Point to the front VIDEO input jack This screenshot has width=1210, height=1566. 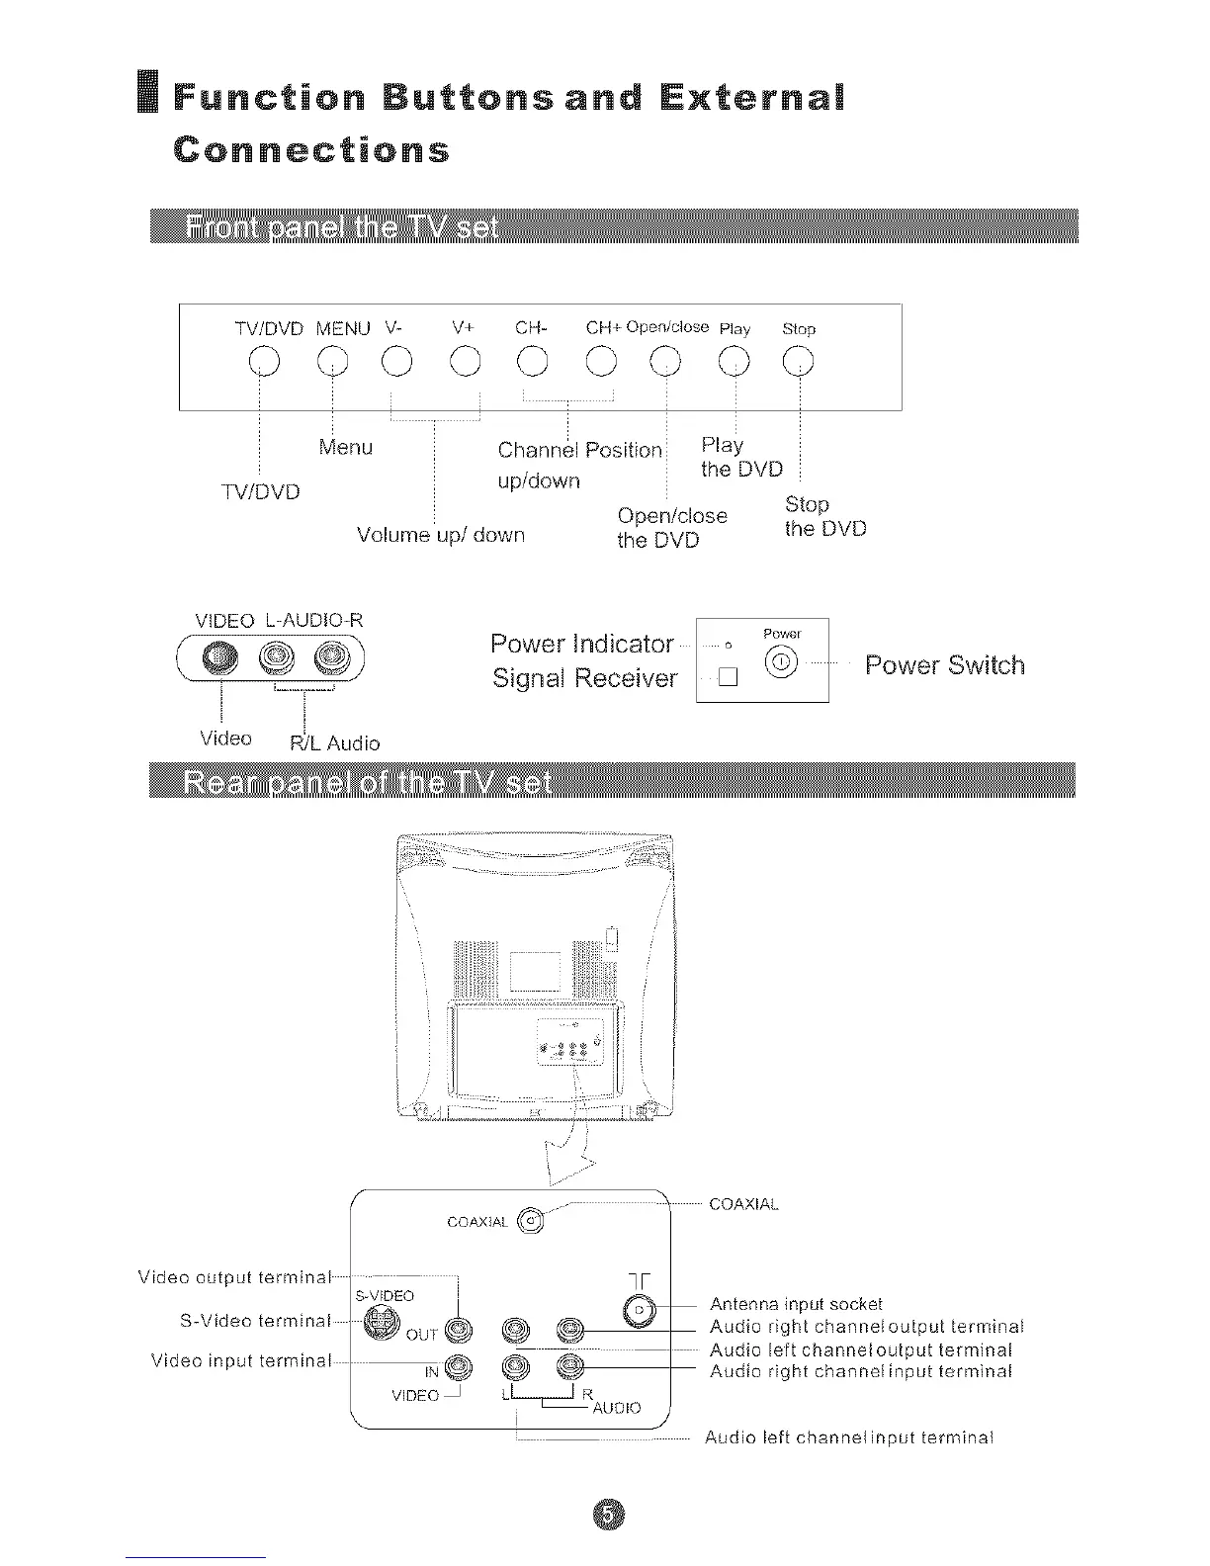point(218,656)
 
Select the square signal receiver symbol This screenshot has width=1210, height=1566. point(729,678)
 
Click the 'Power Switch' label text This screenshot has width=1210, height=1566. point(944,664)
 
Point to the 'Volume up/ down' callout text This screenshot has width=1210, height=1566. point(441,535)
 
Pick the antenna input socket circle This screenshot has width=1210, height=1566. point(639,1310)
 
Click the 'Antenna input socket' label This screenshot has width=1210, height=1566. point(796,1304)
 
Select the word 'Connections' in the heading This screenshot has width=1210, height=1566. point(311,150)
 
